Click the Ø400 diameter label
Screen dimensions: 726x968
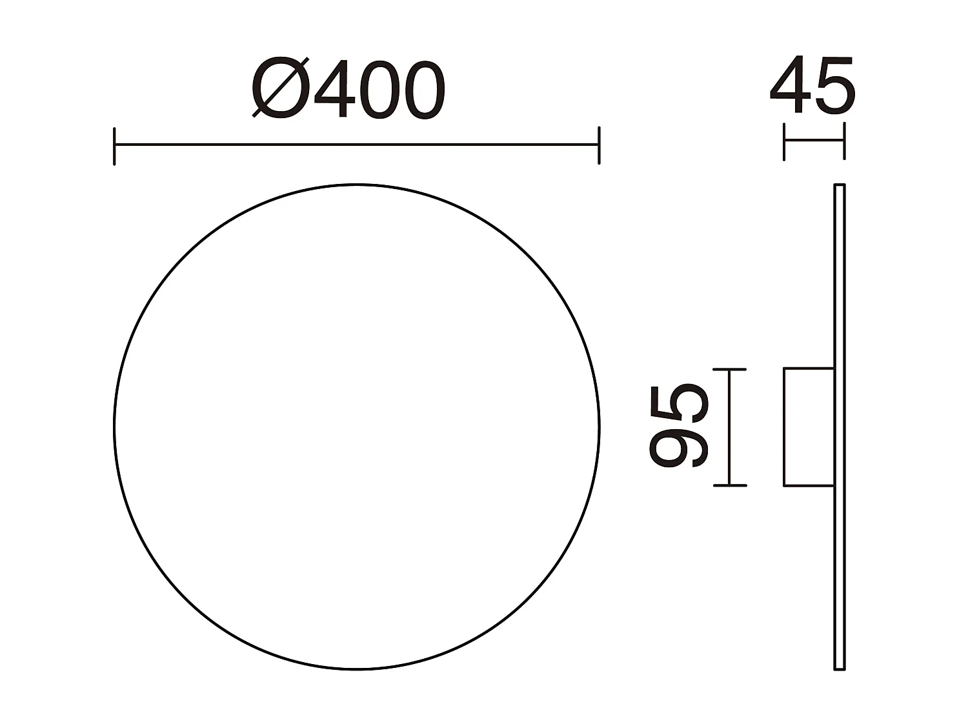pyautogui.click(x=348, y=89)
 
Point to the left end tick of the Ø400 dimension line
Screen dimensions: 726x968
pyautogui.click(x=114, y=146)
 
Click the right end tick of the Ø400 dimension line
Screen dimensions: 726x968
pyautogui.click(x=599, y=146)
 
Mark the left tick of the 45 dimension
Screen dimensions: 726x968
pyautogui.click(x=784, y=141)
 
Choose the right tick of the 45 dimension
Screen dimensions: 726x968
pyautogui.click(x=843, y=141)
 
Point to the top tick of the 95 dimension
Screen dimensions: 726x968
pyautogui.click(x=729, y=370)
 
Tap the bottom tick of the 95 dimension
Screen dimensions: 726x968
pyautogui.click(x=729, y=485)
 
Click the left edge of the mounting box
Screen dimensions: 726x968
pyautogui.click(x=784, y=427)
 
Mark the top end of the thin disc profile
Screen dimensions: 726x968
pyautogui.click(x=840, y=186)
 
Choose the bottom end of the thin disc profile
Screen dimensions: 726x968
pyautogui.click(x=840, y=669)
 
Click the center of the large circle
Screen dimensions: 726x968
pyautogui.click(x=357, y=427)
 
